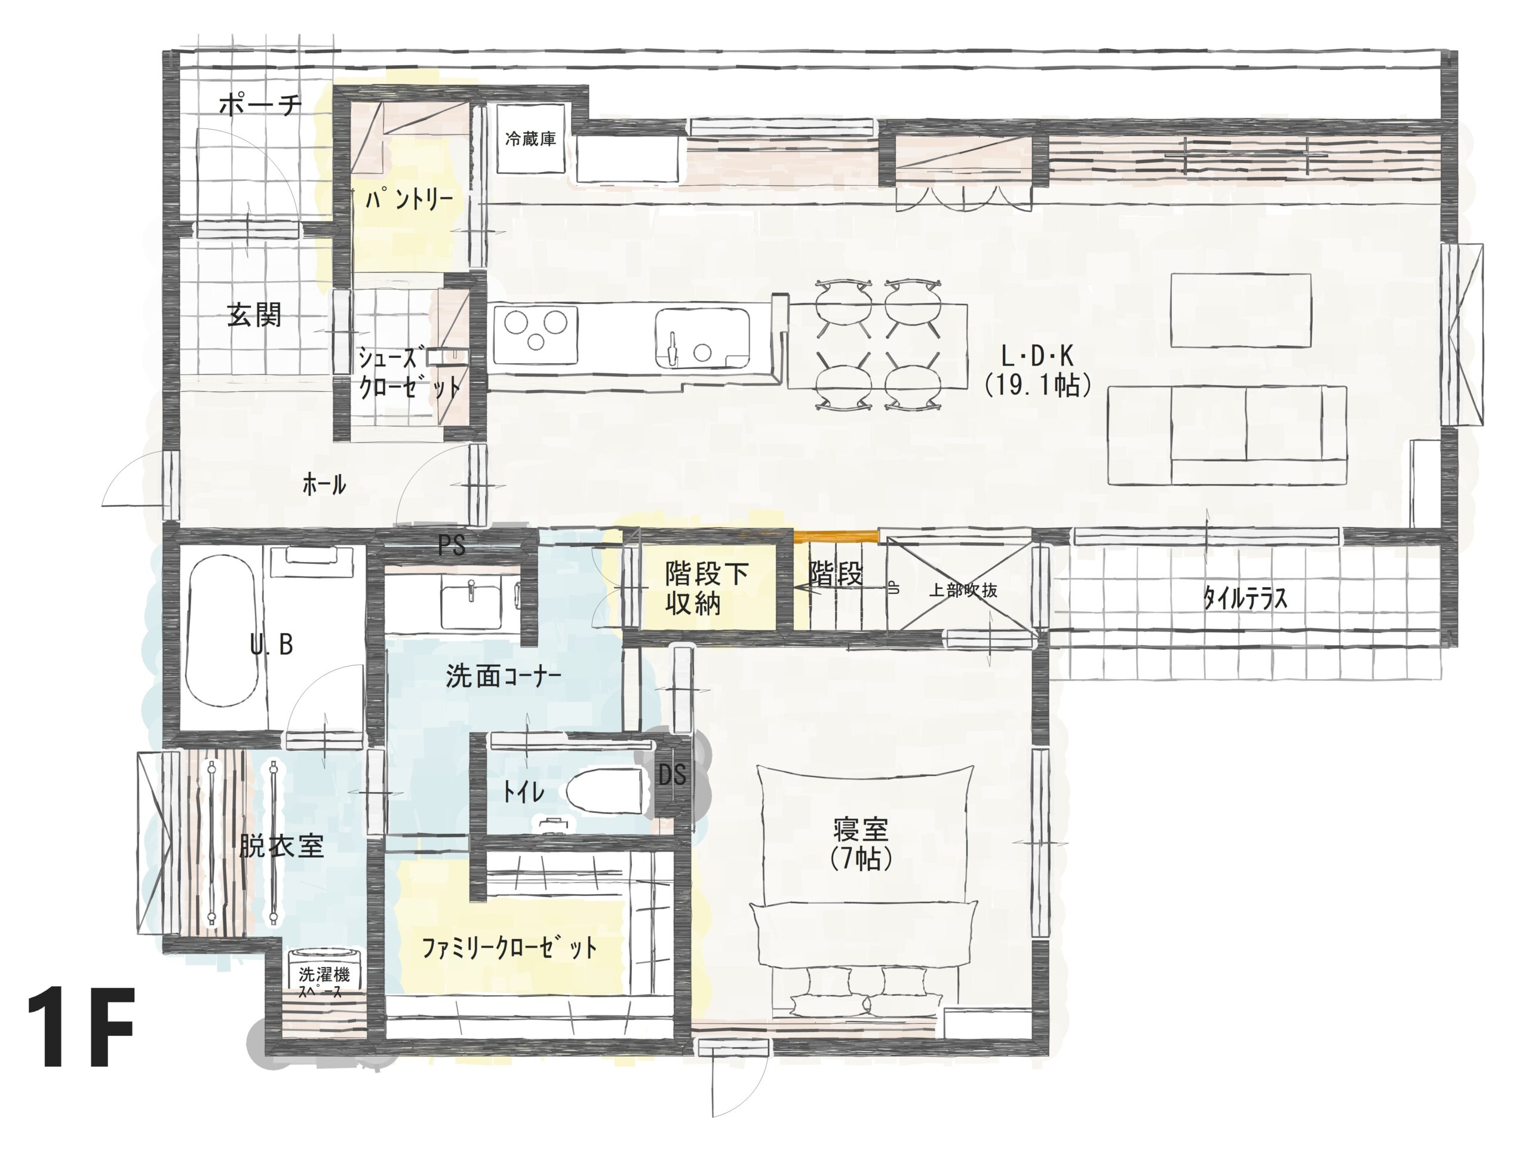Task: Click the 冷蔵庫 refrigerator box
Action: (531, 140)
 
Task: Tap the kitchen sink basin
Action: (702, 338)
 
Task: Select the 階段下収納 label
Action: (706, 588)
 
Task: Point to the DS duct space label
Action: (671, 775)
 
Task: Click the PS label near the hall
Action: (452, 546)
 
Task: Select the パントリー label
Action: (409, 199)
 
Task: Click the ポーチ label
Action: (260, 106)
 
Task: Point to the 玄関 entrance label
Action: (254, 317)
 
